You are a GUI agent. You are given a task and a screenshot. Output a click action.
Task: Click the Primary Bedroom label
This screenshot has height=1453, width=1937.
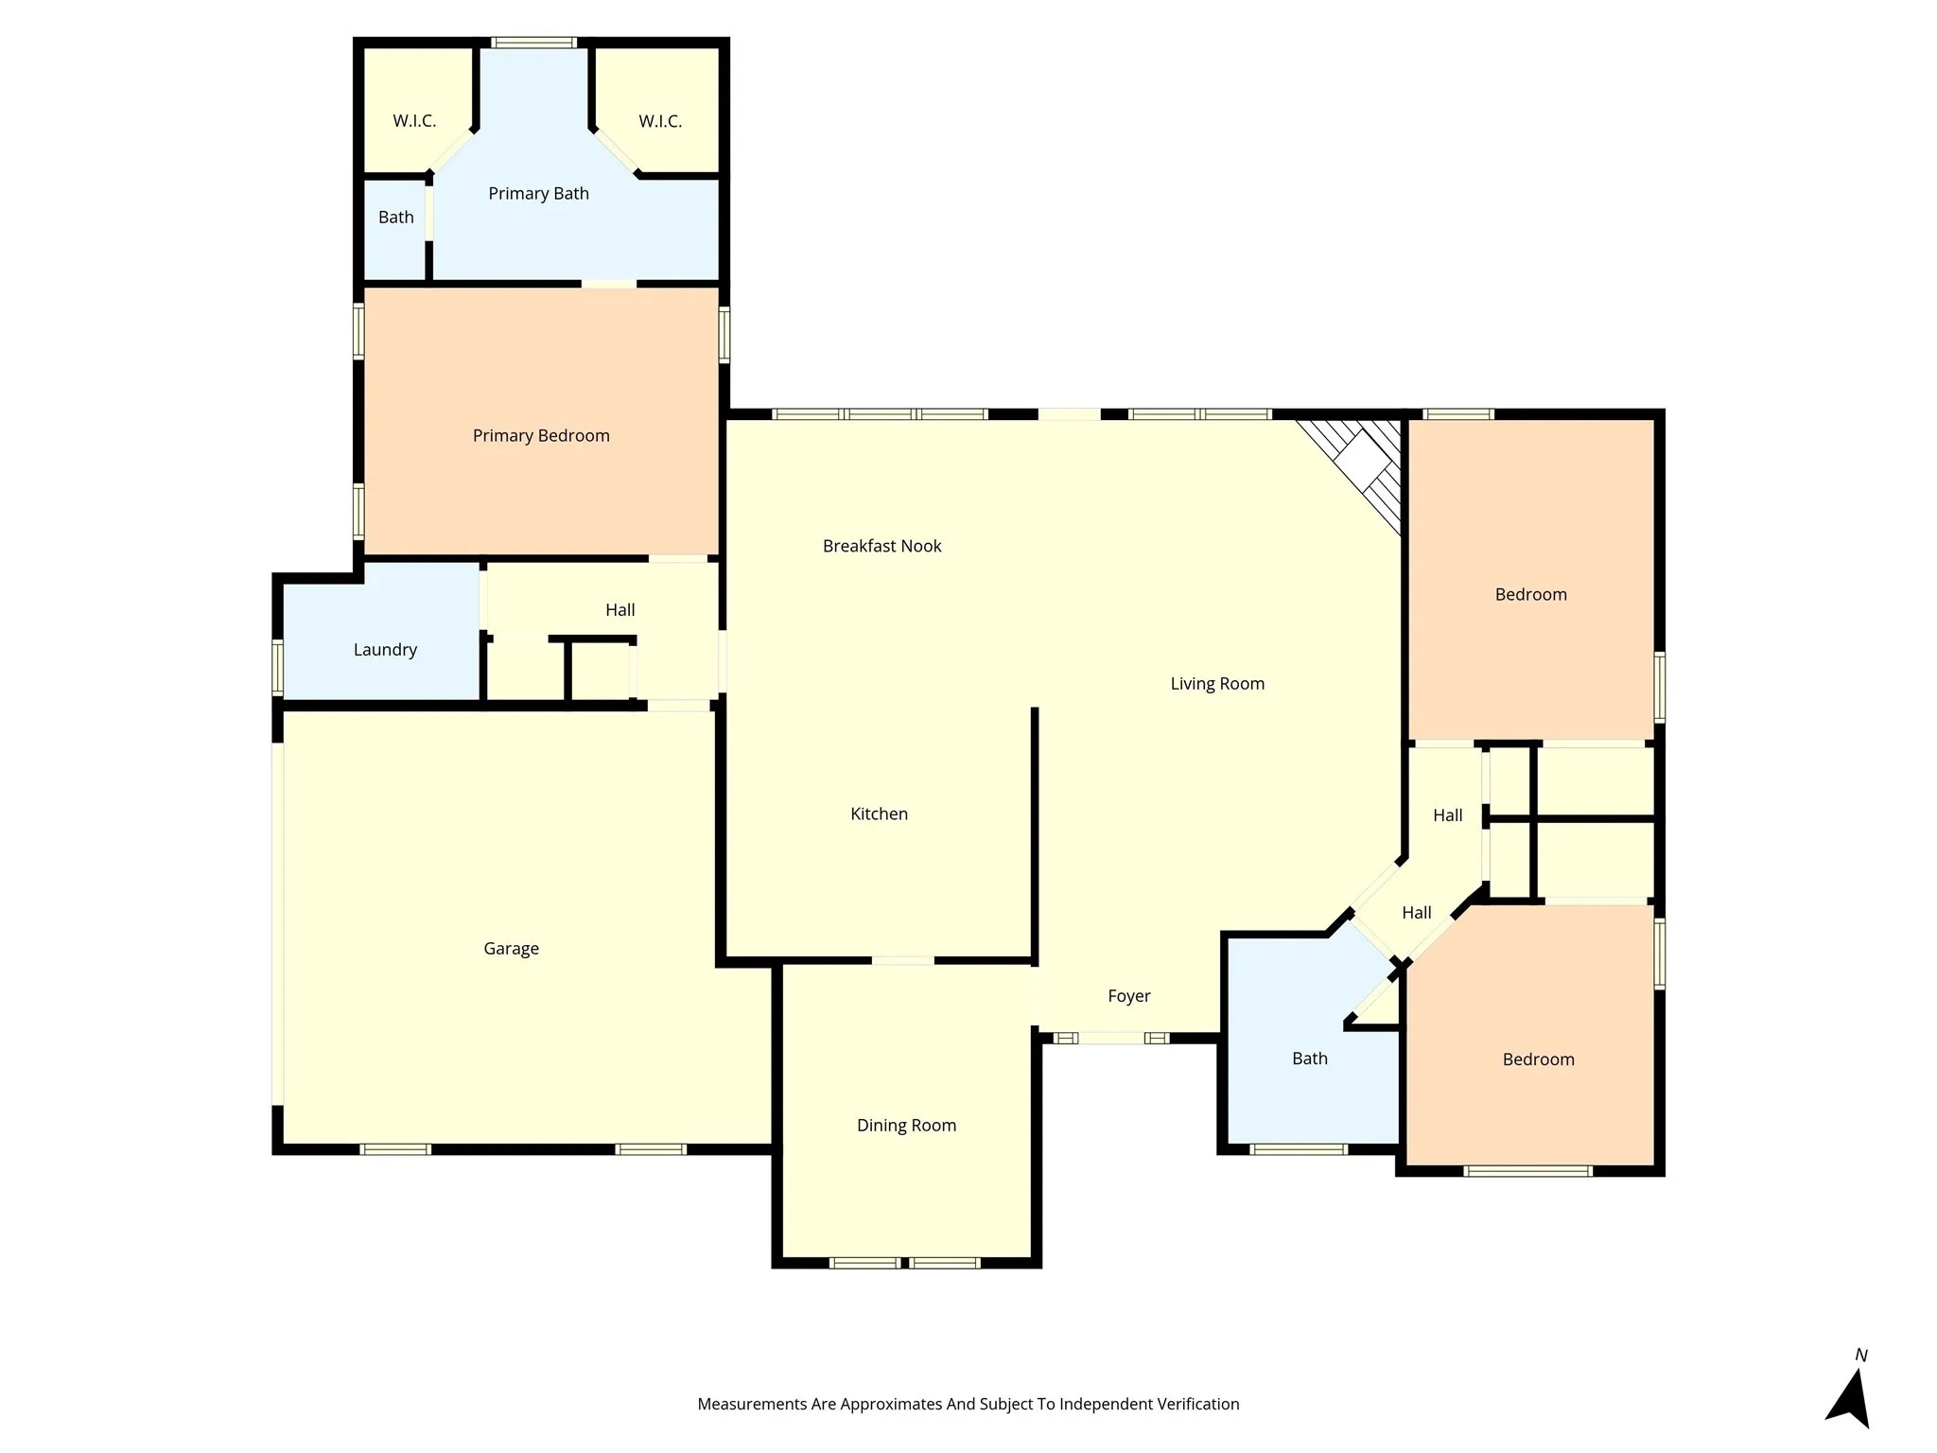tap(541, 435)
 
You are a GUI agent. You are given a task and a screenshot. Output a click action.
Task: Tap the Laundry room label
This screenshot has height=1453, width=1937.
tap(385, 649)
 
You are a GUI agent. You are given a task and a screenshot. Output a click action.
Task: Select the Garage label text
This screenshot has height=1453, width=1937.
tap(511, 948)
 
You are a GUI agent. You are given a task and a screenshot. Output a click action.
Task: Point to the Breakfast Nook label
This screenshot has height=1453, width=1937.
tap(881, 546)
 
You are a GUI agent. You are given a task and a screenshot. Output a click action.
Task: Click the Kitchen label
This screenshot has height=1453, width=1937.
tap(879, 814)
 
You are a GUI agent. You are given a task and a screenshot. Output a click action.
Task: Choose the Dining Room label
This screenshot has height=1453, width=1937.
tap(906, 1125)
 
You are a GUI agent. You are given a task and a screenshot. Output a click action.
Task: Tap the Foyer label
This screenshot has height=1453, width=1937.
tap(1128, 995)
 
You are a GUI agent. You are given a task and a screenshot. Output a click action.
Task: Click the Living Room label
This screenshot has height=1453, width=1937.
tap(1217, 683)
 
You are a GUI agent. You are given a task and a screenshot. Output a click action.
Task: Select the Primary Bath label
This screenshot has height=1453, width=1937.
tap(538, 193)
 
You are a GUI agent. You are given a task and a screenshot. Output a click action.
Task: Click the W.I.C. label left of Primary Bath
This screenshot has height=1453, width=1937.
tap(414, 121)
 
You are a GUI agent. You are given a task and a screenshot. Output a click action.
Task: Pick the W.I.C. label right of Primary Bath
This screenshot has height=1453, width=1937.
tap(660, 121)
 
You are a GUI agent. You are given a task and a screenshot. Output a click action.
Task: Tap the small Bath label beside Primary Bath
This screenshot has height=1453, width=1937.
tap(395, 217)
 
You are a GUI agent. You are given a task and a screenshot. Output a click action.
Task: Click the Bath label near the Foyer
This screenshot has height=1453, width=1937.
tap(1309, 1058)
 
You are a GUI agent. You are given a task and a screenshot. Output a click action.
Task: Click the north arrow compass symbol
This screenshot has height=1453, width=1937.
tap(1851, 1394)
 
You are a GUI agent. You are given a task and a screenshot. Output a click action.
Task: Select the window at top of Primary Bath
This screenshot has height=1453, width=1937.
tap(534, 43)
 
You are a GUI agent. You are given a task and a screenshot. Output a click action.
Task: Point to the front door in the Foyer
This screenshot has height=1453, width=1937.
tap(1111, 1038)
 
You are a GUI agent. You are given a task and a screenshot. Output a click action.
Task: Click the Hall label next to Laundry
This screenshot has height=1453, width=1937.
tap(619, 609)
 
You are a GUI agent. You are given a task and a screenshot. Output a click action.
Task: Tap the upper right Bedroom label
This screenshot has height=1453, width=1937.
tap(1530, 594)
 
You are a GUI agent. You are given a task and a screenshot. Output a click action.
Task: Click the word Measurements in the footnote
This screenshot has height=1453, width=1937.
tap(752, 1404)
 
